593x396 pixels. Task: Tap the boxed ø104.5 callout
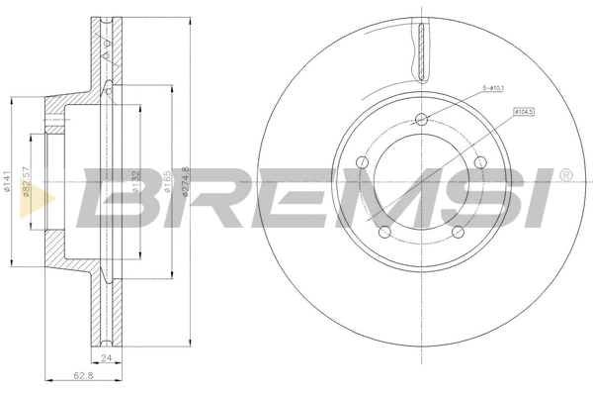tap(525, 112)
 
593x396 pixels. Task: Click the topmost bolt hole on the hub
tap(422, 120)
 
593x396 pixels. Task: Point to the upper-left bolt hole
tap(363, 162)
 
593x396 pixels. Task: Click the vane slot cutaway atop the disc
tap(422, 53)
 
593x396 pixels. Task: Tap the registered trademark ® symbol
tap(564, 175)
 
